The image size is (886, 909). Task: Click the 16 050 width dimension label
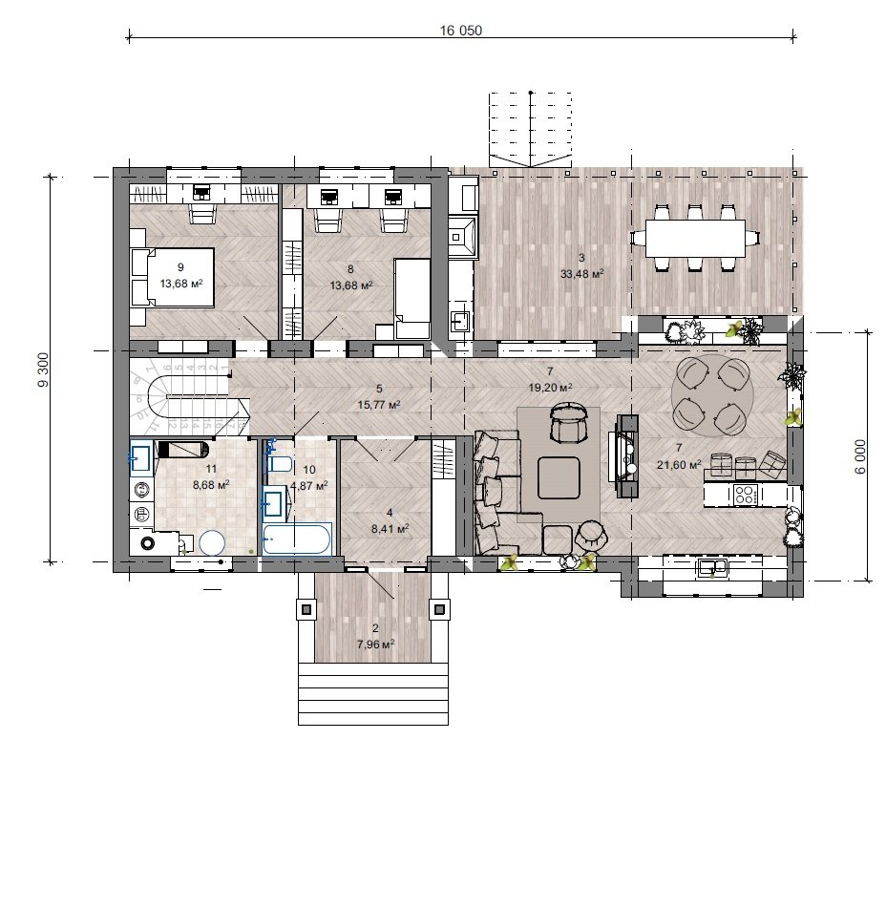tap(460, 31)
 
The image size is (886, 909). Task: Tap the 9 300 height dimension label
tap(44, 370)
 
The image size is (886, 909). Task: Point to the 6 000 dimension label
tap(860, 456)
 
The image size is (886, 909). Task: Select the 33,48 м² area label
tap(581, 273)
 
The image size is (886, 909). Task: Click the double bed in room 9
tap(173, 277)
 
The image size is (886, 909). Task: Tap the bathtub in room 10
tap(297, 539)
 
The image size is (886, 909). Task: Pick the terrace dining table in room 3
tap(695, 238)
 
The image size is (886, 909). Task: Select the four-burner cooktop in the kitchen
tap(745, 495)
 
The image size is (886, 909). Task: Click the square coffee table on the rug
tap(559, 477)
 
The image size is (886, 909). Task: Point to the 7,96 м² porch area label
tap(376, 644)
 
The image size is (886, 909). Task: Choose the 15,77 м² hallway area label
tap(379, 405)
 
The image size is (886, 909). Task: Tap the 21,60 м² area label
tap(679, 464)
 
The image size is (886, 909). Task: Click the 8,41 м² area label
tap(390, 528)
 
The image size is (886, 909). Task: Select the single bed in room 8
tap(411, 299)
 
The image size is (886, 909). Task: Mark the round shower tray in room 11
tap(212, 543)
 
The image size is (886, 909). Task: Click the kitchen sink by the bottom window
tap(712, 567)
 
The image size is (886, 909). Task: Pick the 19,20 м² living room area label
tap(550, 388)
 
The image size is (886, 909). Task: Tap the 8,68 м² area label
tap(211, 485)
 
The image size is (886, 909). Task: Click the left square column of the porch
tap(306, 609)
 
